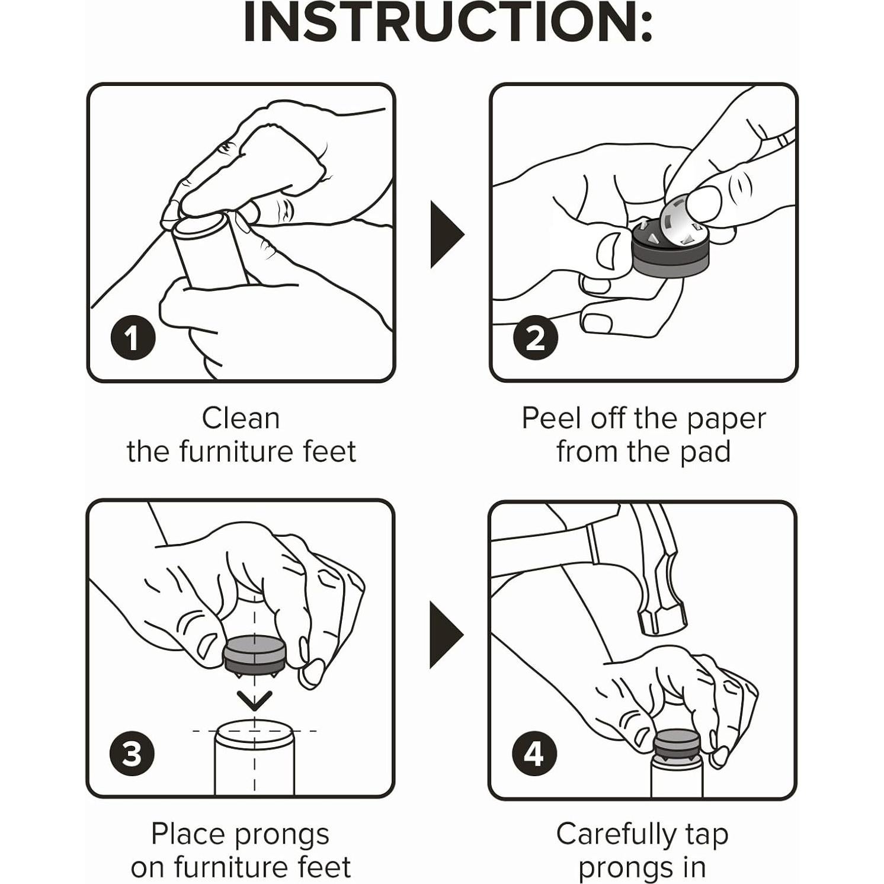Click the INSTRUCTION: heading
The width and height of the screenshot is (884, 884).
click(x=448, y=23)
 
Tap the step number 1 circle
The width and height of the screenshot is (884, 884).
click(x=133, y=338)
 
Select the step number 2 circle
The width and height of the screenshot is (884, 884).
click(x=535, y=338)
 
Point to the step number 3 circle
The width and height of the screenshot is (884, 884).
click(x=132, y=754)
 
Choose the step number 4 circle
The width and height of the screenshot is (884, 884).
click(x=534, y=754)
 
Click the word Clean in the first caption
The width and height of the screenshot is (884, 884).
click(x=241, y=418)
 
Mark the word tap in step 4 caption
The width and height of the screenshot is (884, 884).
click(x=707, y=836)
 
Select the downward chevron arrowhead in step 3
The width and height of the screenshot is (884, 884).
click(x=255, y=700)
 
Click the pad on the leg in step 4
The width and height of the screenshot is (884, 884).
click(x=677, y=747)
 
